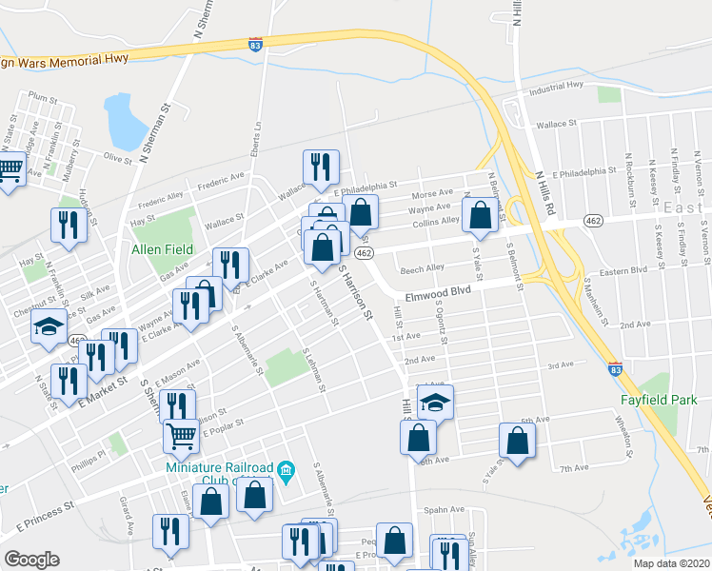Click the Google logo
click(x=31, y=560)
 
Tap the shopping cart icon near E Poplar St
click(x=181, y=435)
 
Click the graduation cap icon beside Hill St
click(x=435, y=402)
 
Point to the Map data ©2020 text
click(x=671, y=563)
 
